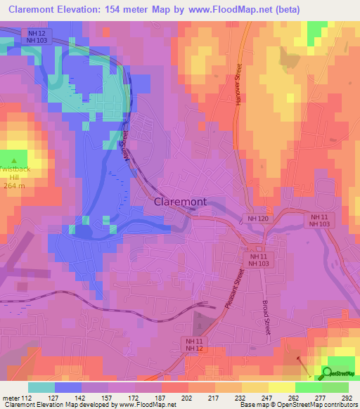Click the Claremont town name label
click(180, 201)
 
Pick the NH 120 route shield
click(257, 219)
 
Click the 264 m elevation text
click(14, 186)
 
